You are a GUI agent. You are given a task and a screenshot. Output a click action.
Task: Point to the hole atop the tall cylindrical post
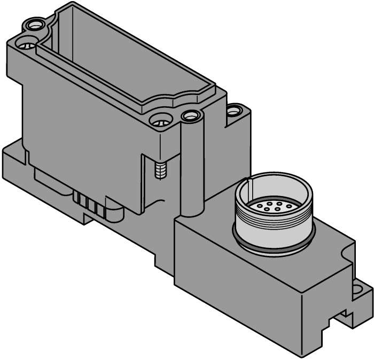pyautogui.click(x=190, y=115)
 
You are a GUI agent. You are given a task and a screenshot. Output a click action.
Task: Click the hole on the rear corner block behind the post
pyautogui.click(x=234, y=111)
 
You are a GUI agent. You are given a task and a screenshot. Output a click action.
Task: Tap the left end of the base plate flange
pyautogui.click(x=11, y=160)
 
